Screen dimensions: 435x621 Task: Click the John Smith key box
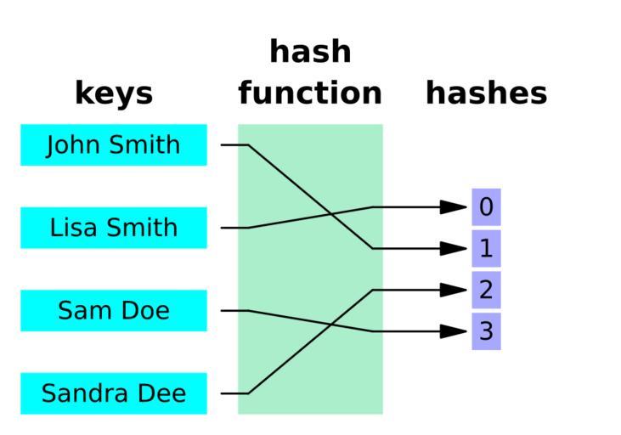pos(113,144)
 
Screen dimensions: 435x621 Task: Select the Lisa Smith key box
pos(113,228)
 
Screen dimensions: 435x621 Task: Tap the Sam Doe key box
pos(113,310)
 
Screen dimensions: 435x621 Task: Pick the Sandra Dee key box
pos(113,393)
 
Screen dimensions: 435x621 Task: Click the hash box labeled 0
pos(486,206)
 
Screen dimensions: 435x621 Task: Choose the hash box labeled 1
pos(486,248)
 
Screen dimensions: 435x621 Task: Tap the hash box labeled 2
pos(486,290)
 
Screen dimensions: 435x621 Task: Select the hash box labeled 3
pos(486,330)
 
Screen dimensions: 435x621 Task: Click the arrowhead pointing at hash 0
pos(454,206)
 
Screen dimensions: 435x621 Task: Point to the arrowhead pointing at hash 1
pos(454,248)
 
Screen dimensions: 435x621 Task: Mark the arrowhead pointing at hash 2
pos(454,290)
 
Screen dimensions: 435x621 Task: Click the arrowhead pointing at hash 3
pos(454,330)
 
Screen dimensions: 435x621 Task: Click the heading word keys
pos(114,93)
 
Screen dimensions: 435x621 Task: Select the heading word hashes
pos(486,93)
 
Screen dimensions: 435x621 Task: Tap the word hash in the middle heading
pos(310,53)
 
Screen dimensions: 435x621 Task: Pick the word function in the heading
pos(310,93)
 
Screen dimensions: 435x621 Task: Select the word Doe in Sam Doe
pos(144,310)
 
